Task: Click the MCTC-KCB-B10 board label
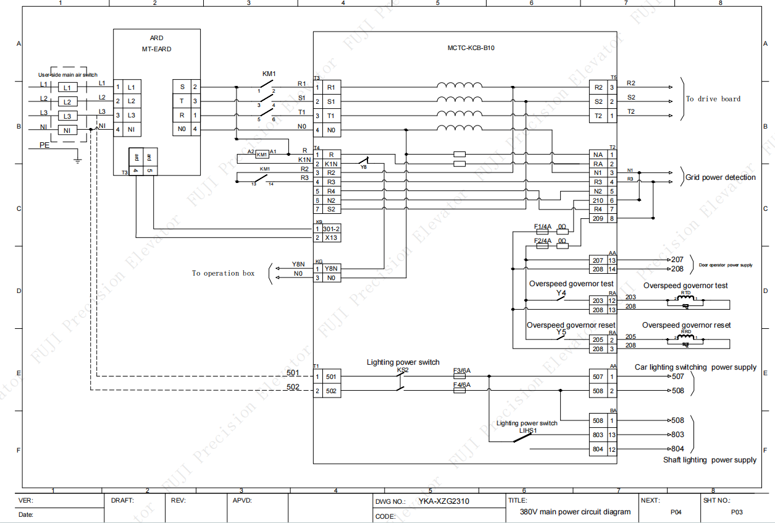[x=471, y=48]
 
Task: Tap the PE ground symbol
[x=77, y=159]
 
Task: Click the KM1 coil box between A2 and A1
[x=262, y=154]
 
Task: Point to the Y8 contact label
[x=363, y=167]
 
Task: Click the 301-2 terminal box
[x=332, y=229]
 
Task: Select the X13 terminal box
[x=332, y=237]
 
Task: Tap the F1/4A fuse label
[x=543, y=226]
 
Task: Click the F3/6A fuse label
[x=461, y=371]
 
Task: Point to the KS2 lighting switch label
[x=403, y=370]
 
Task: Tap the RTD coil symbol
[x=685, y=299]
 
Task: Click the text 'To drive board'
[x=713, y=99]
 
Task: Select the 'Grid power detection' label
[x=720, y=177]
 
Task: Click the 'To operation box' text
[x=223, y=273]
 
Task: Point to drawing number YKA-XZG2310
[x=443, y=501]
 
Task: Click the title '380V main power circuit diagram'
[x=571, y=512]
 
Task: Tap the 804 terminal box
[x=598, y=449]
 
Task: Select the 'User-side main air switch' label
[x=67, y=75]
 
